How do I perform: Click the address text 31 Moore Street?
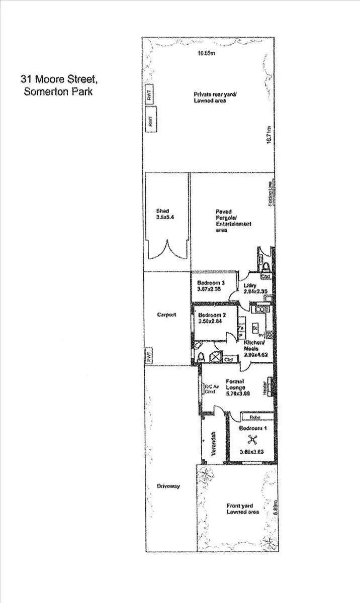click(55, 79)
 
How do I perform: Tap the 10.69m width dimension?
click(207, 53)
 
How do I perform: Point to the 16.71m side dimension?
click(269, 133)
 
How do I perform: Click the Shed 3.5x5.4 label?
click(162, 215)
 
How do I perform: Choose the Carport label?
click(166, 315)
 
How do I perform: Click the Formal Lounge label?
click(235, 384)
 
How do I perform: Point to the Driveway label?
click(168, 486)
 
